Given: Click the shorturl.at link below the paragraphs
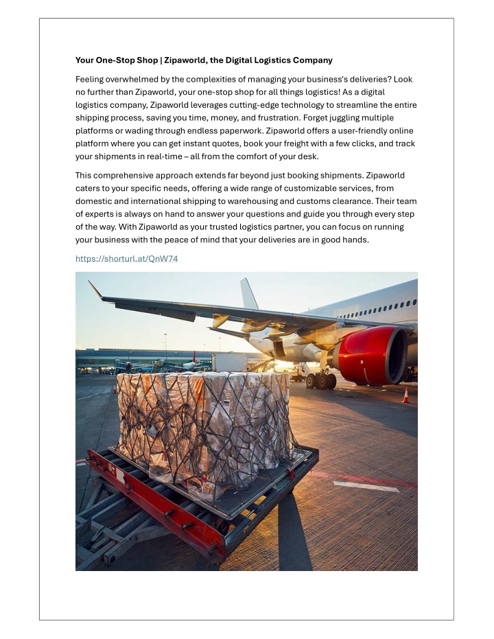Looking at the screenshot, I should (126, 259).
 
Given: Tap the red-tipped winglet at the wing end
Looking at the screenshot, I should (95, 289).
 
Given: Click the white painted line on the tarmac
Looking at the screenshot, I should (366, 487).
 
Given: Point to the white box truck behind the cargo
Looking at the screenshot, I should (229, 362).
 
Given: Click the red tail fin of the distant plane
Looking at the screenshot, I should (194, 356).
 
